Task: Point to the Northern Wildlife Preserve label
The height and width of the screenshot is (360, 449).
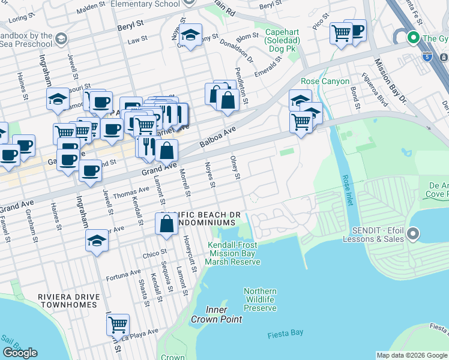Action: click(x=260, y=299)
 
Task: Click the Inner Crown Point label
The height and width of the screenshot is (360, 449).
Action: click(x=217, y=314)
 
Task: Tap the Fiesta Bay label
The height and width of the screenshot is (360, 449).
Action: click(x=285, y=332)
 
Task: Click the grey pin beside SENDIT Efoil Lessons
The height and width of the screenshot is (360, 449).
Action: click(x=412, y=233)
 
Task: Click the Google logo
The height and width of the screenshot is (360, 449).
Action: click(x=20, y=353)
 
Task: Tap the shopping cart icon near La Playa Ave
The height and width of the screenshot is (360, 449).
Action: click(x=118, y=325)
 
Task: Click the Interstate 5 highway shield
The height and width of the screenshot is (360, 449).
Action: click(x=427, y=57)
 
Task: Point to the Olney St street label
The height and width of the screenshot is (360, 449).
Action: click(x=235, y=167)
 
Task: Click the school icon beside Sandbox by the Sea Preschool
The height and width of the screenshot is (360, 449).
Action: click(x=61, y=40)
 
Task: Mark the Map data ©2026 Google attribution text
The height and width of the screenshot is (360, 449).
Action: click(x=411, y=355)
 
